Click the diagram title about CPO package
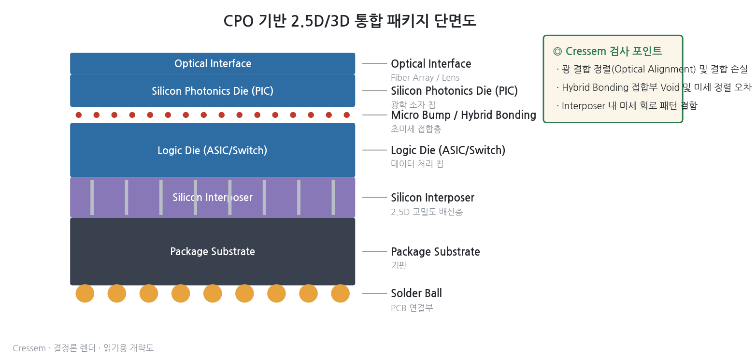coord(350,21)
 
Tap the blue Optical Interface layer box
coord(213,63)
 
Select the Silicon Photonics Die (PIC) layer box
coord(213,90)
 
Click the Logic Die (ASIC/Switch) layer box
coord(213,150)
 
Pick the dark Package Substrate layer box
coord(213,252)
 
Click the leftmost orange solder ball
coord(85,293)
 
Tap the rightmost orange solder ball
coord(340,293)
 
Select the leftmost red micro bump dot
coord(79,115)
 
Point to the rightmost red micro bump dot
coord(347,115)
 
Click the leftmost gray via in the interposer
coord(92,197)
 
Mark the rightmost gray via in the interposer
coord(333,197)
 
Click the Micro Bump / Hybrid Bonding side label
coord(463,115)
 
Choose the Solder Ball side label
coord(416,293)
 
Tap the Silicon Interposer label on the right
coord(432,198)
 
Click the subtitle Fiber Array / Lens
coord(425,78)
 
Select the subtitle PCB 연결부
coord(412,308)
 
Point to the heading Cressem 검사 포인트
coord(608,51)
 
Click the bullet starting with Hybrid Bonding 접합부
coord(654,87)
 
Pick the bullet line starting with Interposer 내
coord(627,106)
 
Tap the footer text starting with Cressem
coord(83,348)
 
